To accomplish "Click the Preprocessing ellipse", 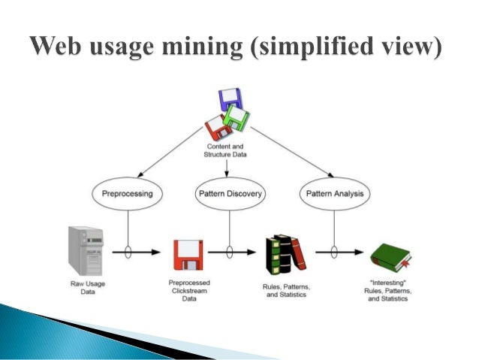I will (127, 194).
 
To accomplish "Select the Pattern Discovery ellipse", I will (230, 194).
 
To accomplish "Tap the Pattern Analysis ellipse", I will (335, 194).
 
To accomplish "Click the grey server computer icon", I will (84, 249).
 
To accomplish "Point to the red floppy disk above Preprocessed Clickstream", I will (185, 256).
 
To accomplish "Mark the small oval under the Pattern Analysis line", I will (335, 252).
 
